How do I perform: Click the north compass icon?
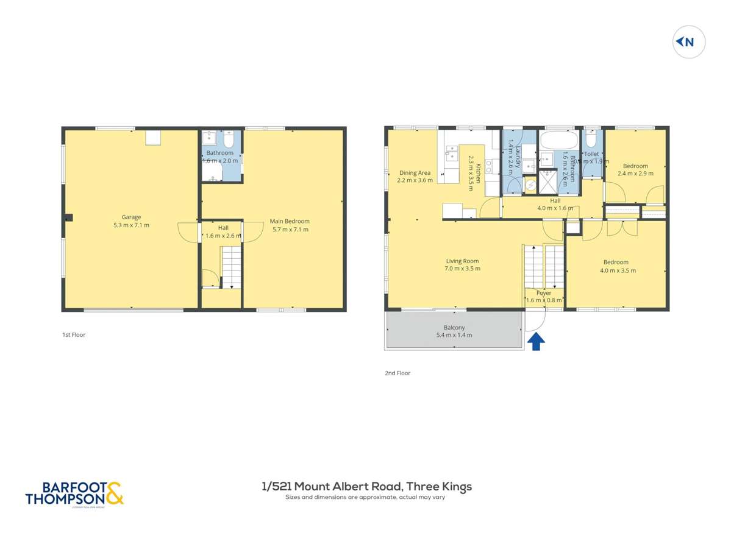click(x=688, y=42)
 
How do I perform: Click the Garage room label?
click(x=131, y=221)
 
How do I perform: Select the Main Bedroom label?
click(x=290, y=225)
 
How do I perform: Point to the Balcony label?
click(x=454, y=331)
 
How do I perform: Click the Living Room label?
click(x=462, y=264)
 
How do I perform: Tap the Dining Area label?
click(x=415, y=177)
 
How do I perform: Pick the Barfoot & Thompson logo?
click(x=74, y=493)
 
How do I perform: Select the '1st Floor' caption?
click(x=74, y=334)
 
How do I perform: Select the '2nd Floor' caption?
click(x=398, y=373)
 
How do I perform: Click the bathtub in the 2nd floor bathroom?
click(x=557, y=140)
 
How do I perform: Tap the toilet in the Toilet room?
click(x=591, y=139)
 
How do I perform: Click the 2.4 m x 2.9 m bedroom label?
click(x=635, y=169)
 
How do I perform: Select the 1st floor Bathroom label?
click(x=219, y=157)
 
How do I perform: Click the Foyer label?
click(x=544, y=297)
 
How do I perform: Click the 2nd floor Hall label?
click(x=555, y=204)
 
